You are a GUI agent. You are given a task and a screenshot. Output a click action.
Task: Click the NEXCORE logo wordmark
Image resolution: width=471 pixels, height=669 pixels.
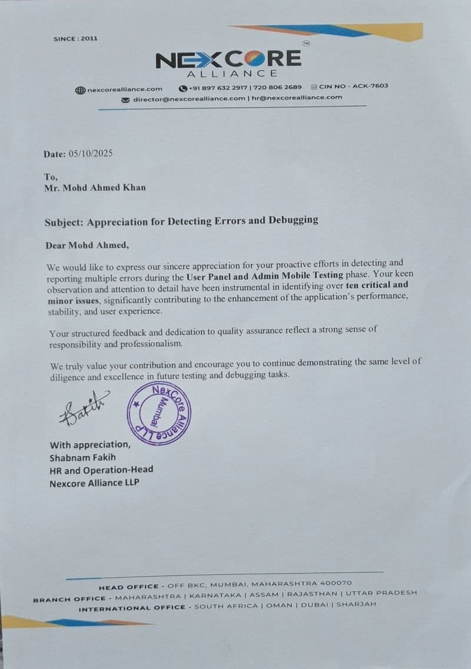[228, 59]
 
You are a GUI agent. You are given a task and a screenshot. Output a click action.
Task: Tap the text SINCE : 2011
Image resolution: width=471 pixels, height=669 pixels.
[75, 39]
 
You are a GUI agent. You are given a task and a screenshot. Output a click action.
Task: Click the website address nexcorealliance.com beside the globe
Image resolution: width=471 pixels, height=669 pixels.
[125, 89]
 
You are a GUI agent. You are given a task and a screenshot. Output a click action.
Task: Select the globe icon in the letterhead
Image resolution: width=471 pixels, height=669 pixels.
[81, 90]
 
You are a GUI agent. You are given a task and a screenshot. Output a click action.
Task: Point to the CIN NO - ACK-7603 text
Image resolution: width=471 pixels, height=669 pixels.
[354, 86]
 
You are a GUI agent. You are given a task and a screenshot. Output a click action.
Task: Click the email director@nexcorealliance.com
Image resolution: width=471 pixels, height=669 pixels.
[189, 98]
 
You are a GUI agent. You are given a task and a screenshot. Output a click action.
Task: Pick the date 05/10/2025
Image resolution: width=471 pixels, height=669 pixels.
[90, 154]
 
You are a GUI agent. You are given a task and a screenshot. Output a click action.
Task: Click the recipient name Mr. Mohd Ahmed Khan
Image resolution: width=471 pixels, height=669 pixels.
[95, 187]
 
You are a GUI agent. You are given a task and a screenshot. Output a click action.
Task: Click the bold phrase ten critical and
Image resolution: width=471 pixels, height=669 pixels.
[377, 285]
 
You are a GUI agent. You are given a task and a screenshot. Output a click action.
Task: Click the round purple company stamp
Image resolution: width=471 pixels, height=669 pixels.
[159, 413]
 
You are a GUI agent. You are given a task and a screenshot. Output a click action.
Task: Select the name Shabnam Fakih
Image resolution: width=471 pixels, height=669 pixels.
[83, 457]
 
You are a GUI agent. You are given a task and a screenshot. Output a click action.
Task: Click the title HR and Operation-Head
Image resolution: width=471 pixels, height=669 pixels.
[101, 469]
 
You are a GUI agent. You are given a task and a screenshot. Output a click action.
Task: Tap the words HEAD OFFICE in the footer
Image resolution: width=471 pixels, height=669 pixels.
[129, 587]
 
